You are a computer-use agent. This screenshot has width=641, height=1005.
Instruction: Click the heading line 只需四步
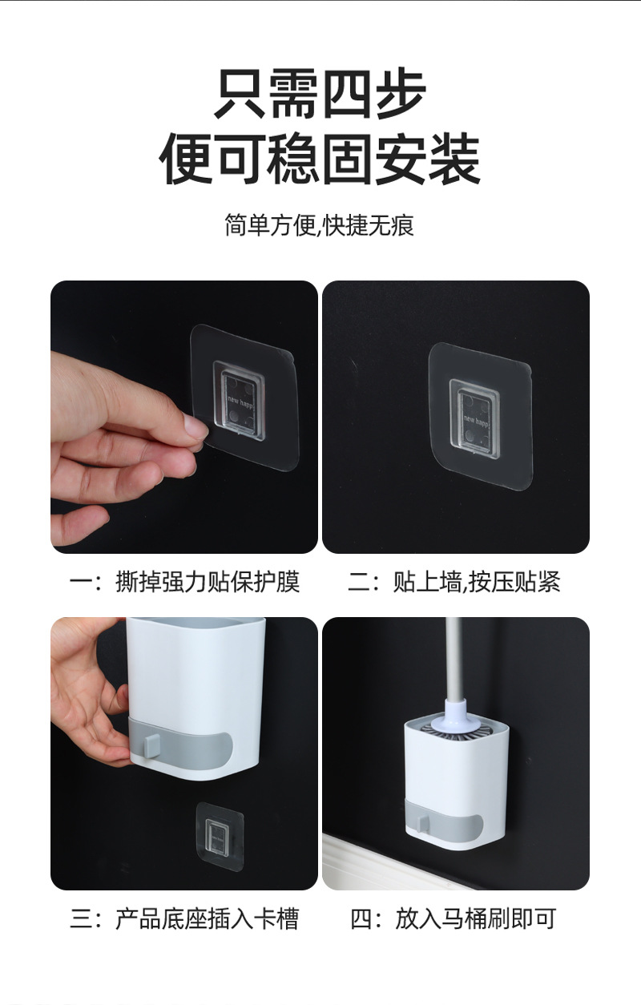point(320,93)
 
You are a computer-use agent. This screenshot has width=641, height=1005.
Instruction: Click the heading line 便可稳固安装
point(320,159)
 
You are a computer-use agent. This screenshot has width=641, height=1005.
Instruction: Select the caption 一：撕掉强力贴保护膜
point(185,582)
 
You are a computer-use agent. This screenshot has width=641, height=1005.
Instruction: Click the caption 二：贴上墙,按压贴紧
point(454,582)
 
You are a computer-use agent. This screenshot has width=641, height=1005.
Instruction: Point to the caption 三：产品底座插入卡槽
point(185,918)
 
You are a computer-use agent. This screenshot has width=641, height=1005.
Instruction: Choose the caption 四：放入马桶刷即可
point(454,918)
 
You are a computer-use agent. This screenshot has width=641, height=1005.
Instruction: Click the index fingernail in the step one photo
point(196,426)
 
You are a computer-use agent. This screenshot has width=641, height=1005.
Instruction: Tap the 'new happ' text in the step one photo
point(240,402)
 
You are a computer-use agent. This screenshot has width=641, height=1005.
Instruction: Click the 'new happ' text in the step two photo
point(476,421)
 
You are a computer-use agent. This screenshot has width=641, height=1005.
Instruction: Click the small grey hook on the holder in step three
point(151,745)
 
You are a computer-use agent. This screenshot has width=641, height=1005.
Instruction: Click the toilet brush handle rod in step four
point(453,659)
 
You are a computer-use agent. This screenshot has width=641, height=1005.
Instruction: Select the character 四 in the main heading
point(348,93)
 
